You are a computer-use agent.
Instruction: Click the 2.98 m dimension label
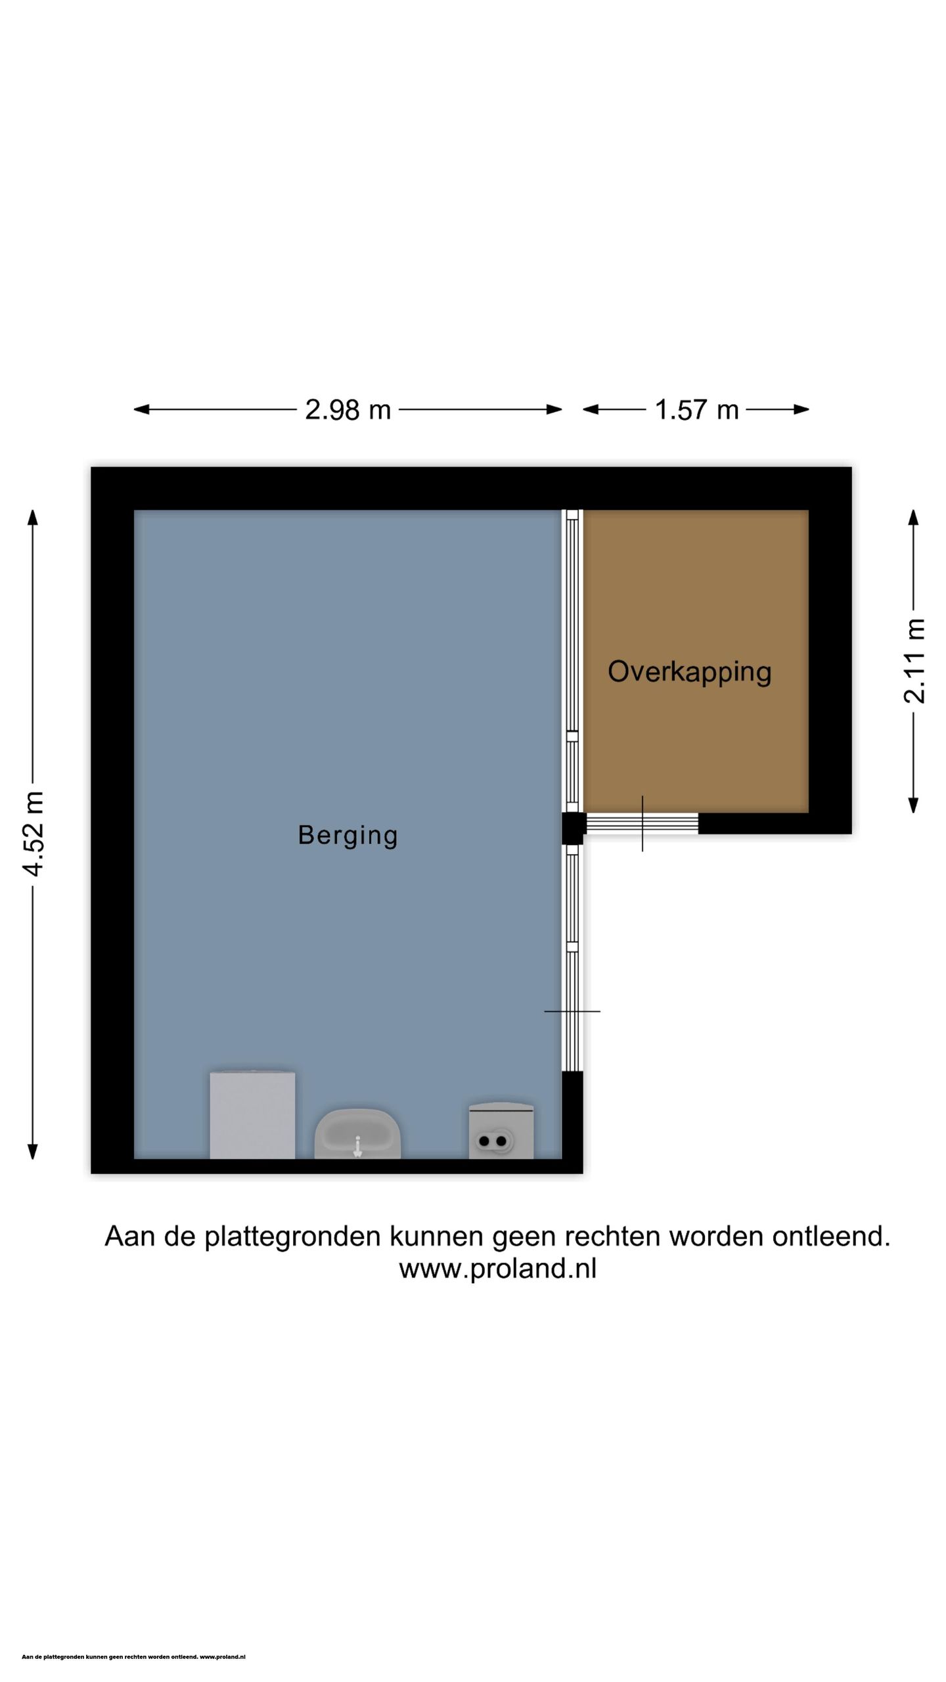click(348, 410)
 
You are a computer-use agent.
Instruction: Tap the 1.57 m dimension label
click(696, 410)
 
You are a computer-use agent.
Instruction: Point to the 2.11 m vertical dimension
click(914, 661)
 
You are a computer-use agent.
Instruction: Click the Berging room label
click(348, 835)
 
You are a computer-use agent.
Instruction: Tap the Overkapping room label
click(689, 671)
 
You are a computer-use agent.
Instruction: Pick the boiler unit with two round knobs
click(501, 1131)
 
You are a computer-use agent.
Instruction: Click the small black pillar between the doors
click(573, 828)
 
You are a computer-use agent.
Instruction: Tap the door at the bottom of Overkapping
click(642, 823)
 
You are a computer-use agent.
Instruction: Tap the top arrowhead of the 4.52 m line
click(33, 517)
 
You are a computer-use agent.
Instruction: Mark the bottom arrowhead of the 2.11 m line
click(913, 806)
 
